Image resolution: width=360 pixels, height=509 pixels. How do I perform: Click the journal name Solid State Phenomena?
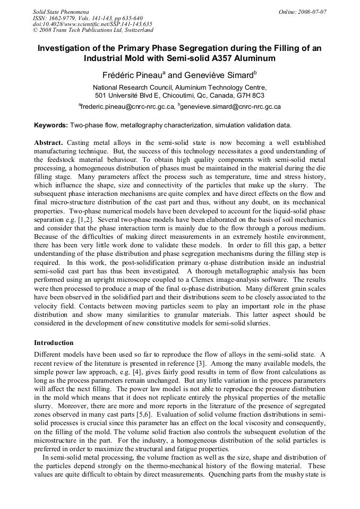click(x=61, y=12)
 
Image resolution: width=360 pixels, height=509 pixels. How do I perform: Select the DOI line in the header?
click(x=92, y=24)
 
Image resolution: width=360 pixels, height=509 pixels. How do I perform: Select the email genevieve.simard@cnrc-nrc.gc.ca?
click(x=231, y=107)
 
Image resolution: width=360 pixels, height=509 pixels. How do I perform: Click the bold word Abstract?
click(x=49, y=143)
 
